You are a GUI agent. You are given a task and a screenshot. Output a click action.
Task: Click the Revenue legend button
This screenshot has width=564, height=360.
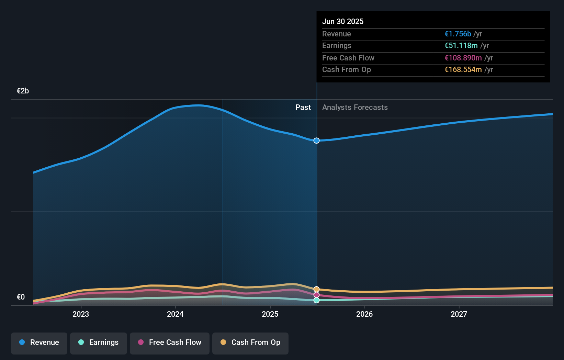tap(39, 342)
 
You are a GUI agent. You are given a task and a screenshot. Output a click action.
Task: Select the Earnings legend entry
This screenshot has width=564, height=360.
tap(99, 342)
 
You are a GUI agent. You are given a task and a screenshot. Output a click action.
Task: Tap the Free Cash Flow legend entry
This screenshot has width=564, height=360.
tap(170, 342)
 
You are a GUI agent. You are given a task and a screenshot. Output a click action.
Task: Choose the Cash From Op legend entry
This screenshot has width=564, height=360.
tap(250, 342)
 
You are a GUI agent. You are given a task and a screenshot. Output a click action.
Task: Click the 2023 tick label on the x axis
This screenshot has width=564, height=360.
tap(81, 314)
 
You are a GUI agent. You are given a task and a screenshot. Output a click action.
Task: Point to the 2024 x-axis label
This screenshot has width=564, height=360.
tap(175, 314)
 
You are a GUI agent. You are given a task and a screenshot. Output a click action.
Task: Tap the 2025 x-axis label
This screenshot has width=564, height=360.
tap(270, 314)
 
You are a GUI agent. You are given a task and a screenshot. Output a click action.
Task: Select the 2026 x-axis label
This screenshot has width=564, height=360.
tap(364, 314)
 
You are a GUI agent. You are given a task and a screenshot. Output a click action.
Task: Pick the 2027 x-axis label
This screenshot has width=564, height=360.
tap(459, 314)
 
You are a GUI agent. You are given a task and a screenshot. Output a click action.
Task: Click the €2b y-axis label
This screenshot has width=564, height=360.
tap(23, 91)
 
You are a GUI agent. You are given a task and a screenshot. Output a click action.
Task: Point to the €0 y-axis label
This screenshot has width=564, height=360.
tap(21, 297)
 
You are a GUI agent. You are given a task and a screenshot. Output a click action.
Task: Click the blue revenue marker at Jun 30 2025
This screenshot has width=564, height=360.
tap(316, 140)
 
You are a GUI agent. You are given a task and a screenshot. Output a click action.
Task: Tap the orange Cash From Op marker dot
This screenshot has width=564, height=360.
tap(316, 289)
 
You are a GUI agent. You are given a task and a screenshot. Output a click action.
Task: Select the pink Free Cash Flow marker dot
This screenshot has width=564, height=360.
tap(316, 295)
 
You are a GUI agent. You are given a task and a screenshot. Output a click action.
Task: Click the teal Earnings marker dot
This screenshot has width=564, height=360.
tap(316, 300)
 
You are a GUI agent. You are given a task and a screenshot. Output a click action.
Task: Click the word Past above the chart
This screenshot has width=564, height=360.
tap(303, 108)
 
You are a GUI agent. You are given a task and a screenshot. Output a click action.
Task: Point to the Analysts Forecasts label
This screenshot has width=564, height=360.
tap(355, 108)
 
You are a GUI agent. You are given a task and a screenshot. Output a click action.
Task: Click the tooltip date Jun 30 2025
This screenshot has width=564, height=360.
tap(343, 21)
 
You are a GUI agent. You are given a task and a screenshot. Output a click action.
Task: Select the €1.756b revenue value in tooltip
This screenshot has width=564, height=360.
tap(458, 34)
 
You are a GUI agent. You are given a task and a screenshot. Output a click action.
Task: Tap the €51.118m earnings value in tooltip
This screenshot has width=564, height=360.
tap(461, 46)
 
